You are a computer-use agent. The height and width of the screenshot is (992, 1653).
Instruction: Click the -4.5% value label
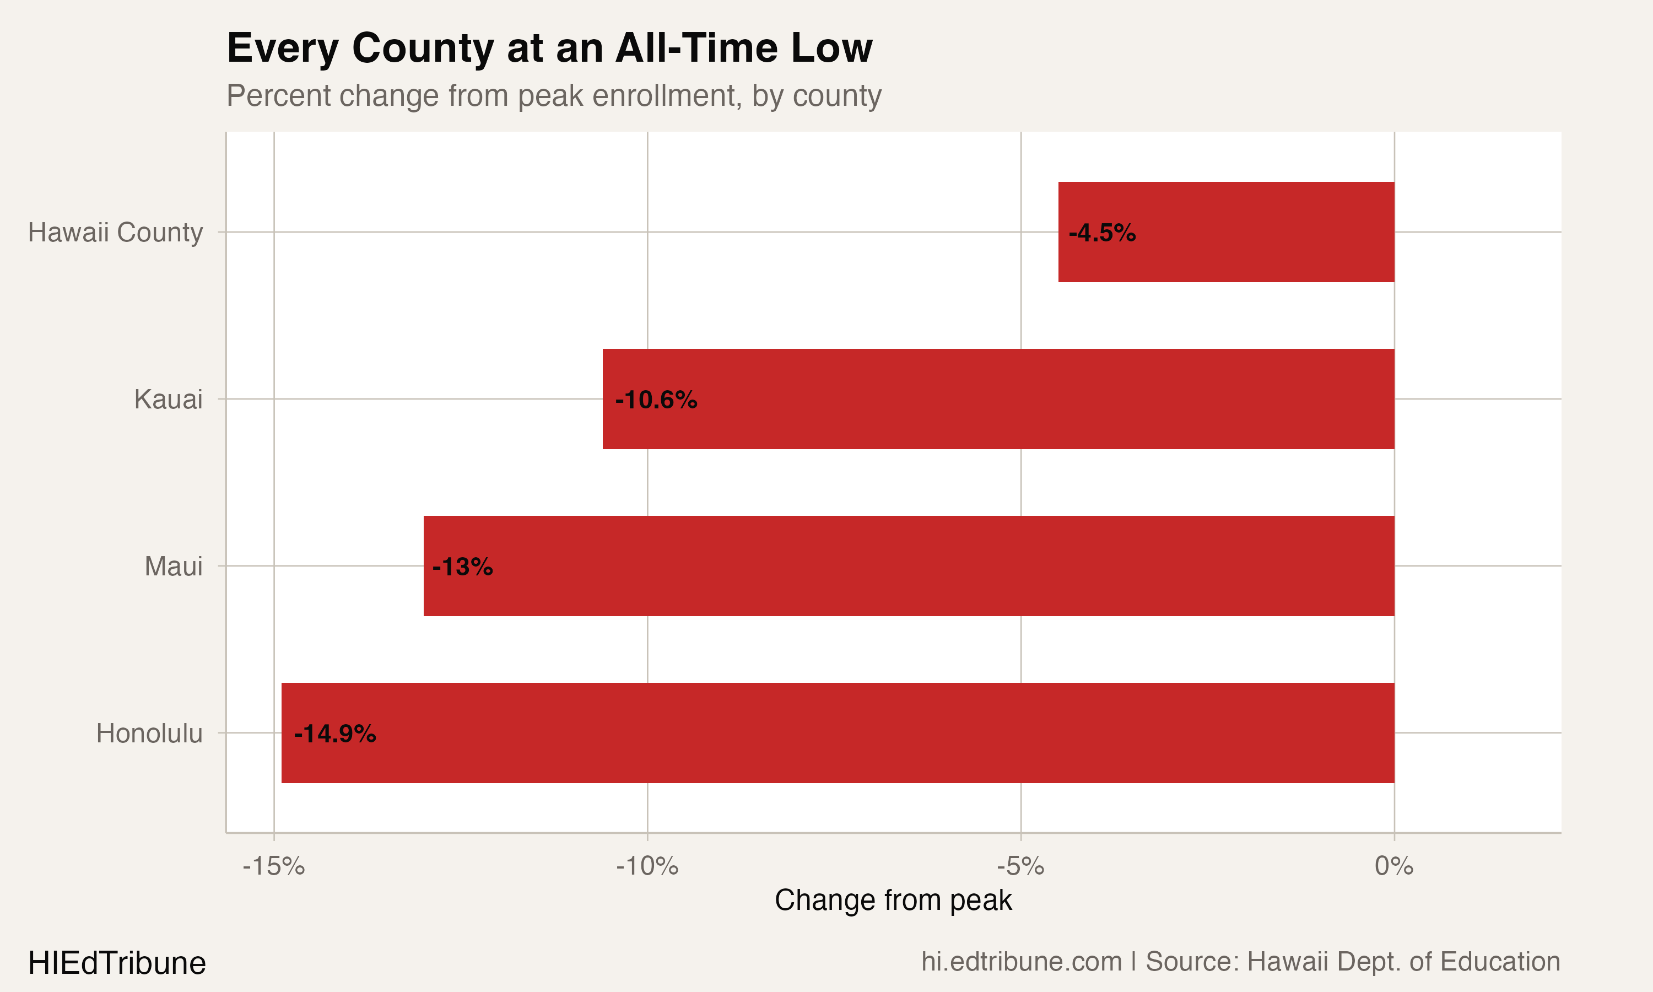click(1102, 233)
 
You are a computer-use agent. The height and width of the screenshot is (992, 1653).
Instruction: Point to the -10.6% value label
click(656, 400)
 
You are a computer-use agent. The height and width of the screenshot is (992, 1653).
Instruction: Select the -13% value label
click(462, 567)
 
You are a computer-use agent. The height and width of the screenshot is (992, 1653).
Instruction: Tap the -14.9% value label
click(335, 734)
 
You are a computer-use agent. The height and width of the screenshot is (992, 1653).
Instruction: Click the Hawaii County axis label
click(115, 232)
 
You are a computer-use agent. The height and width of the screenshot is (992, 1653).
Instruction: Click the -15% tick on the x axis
click(273, 866)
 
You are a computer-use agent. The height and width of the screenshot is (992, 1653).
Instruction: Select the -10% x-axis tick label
click(647, 866)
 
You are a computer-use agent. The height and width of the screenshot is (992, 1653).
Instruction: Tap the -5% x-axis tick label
click(1020, 866)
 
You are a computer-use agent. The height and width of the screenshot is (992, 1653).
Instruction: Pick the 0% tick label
click(1394, 866)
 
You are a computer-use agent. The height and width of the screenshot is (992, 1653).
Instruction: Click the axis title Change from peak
click(893, 900)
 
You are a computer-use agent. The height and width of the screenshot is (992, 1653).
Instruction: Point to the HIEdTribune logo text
click(117, 963)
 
